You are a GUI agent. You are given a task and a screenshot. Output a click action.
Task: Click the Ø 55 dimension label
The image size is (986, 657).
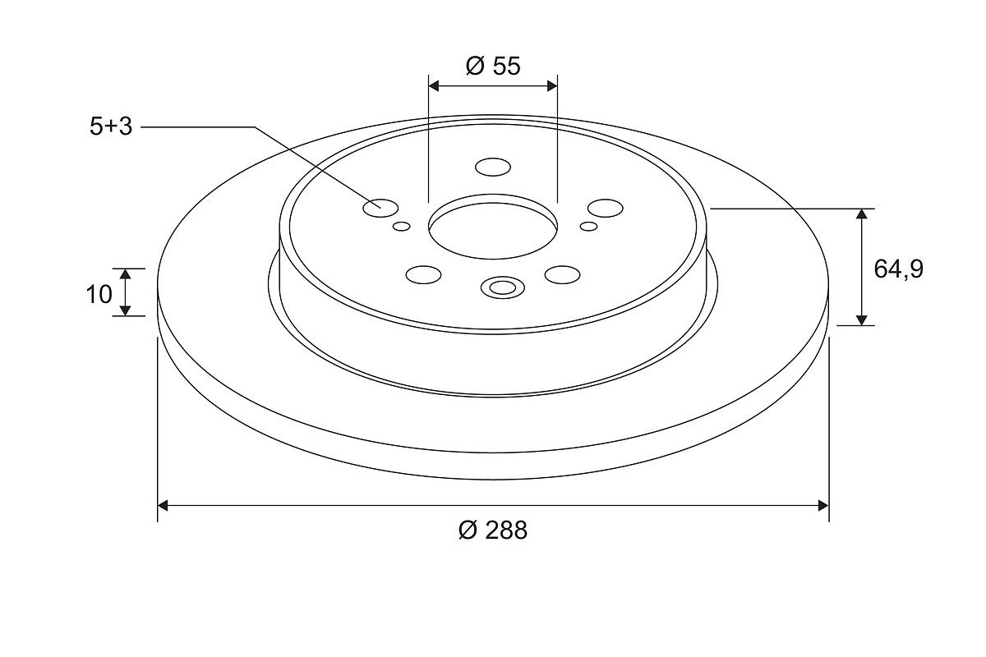tap(493, 66)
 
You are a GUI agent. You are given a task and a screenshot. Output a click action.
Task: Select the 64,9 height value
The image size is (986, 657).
tap(898, 269)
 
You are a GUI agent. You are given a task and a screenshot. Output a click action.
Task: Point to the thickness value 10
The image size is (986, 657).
tap(99, 294)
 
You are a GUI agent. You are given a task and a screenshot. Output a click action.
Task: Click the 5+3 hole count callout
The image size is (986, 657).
tap(111, 127)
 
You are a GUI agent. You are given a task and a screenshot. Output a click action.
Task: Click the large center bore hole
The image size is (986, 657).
tap(493, 227)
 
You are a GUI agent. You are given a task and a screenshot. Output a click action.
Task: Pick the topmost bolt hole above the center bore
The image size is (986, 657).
tap(493, 168)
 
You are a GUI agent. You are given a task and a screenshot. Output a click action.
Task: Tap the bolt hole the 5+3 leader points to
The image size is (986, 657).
tap(380, 208)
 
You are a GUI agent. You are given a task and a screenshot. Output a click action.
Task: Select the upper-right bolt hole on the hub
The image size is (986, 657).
tap(606, 208)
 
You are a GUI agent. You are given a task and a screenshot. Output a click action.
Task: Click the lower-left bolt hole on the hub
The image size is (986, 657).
tap(423, 274)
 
